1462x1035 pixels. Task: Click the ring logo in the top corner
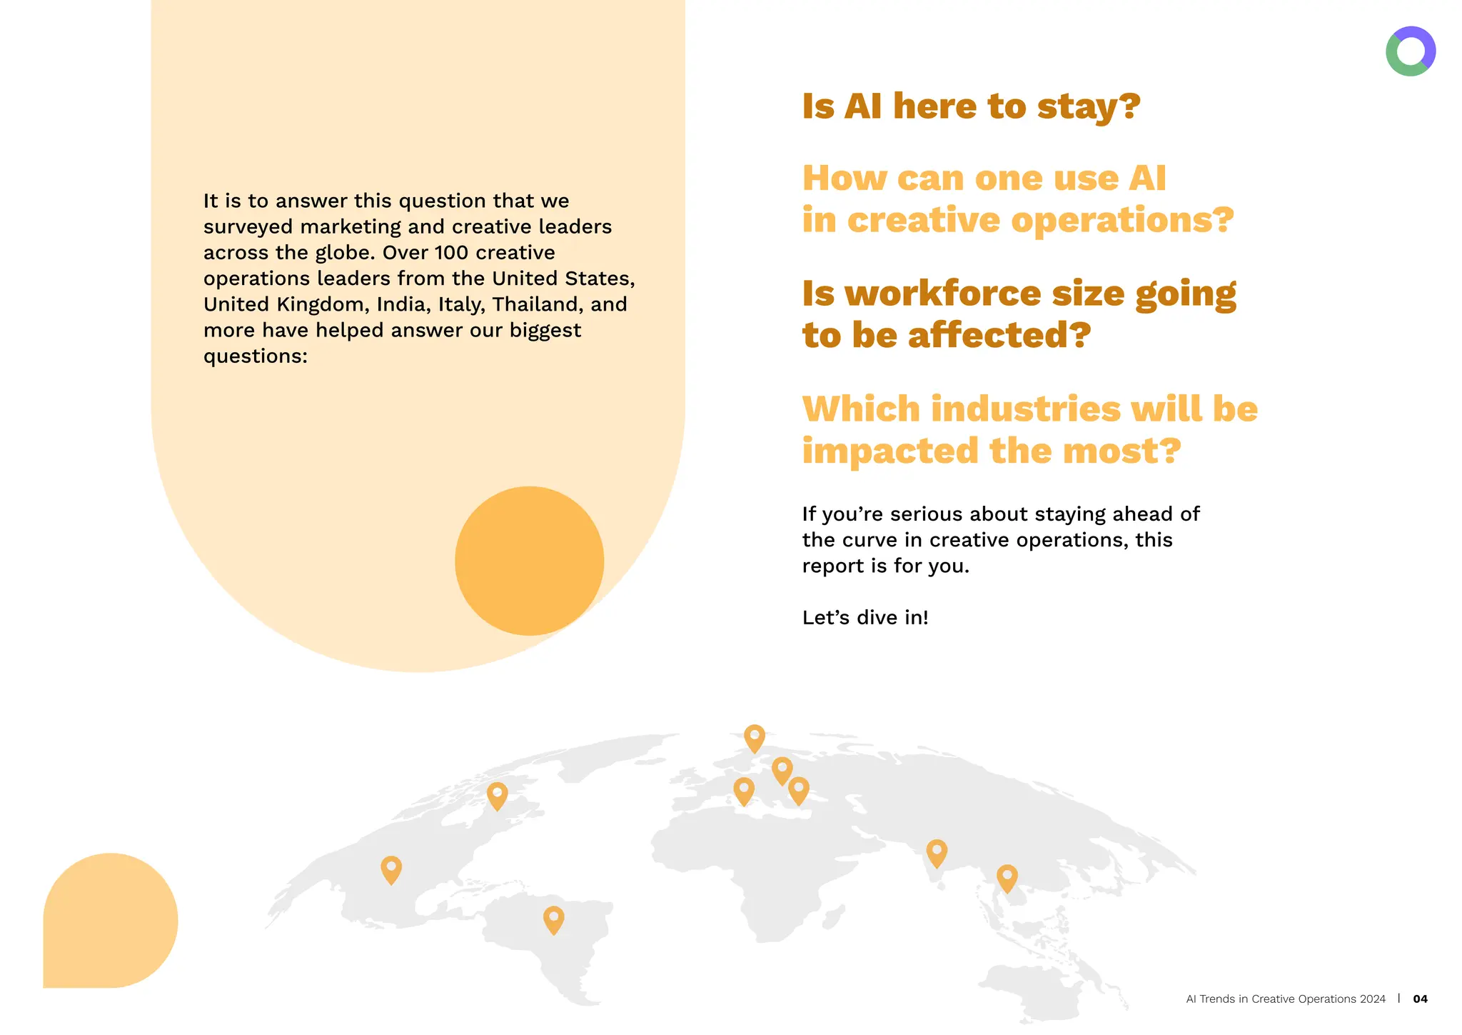point(1410,51)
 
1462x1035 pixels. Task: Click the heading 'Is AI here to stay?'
point(971,106)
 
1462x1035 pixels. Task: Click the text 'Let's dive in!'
point(865,618)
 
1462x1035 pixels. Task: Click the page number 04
point(1420,999)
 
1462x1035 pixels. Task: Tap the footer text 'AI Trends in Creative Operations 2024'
point(1285,999)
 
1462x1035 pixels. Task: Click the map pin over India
point(937,852)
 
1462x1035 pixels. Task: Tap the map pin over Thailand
point(1007,877)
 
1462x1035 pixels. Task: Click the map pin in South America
point(553,919)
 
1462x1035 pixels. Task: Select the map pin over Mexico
point(391,869)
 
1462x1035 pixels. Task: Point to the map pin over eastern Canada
point(497,794)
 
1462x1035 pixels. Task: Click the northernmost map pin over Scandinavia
point(755,737)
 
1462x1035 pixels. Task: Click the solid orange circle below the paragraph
point(529,561)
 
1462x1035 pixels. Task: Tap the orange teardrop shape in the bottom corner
point(110,921)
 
